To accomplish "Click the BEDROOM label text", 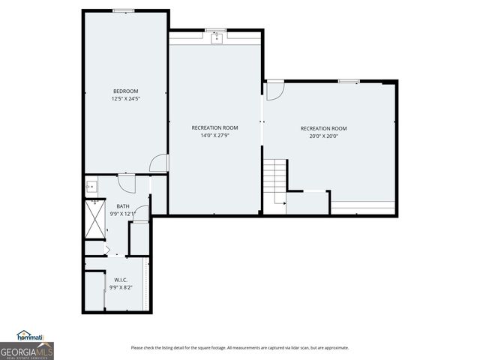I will click(125, 91).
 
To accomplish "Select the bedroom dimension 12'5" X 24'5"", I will click(125, 99).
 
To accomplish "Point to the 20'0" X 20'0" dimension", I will click(323, 136).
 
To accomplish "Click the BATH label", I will click(122, 206).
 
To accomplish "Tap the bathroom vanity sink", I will click(91, 187).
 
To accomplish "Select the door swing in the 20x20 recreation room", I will click(275, 91).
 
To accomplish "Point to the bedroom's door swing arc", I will click(159, 163).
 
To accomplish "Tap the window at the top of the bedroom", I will click(124, 10).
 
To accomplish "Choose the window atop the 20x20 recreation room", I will click(348, 80).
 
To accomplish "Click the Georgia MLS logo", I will click(26, 350).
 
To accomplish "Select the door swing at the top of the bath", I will click(126, 180).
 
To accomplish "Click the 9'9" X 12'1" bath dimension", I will click(122, 214).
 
